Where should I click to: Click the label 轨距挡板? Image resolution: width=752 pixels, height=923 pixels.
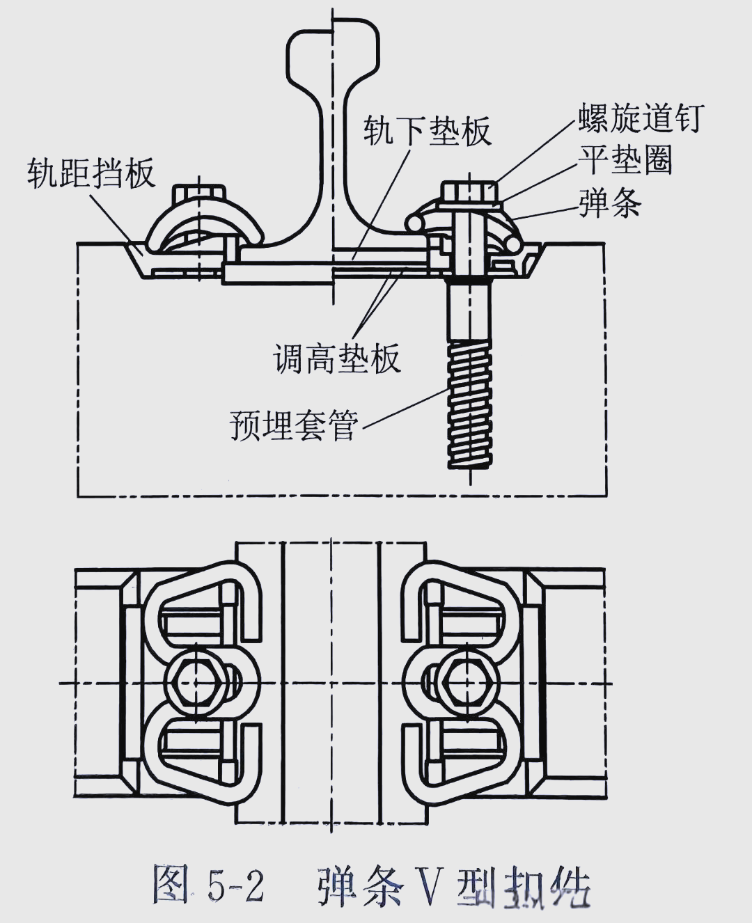pyautogui.click(x=91, y=173)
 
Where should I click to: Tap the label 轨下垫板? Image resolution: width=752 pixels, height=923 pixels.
pyautogui.click(x=428, y=130)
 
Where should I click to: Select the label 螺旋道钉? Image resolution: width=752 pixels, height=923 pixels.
pyautogui.click(x=641, y=118)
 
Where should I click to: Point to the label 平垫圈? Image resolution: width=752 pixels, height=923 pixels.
pyautogui.click(x=625, y=160)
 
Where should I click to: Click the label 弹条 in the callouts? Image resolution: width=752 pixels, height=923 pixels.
pyautogui.click(x=610, y=203)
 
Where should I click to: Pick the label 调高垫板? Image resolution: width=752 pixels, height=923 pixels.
pyautogui.click(x=337, y=358)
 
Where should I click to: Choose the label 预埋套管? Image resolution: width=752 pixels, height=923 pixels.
pyautogui.click(x=294, y=423)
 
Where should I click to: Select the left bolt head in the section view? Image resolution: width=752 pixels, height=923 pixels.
pyautogui.click(x=199, y=194)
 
